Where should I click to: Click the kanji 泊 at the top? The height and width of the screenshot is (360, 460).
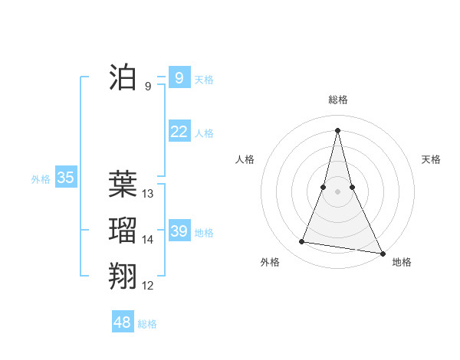coord(123,78)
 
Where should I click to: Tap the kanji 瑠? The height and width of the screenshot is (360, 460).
coord(123,231)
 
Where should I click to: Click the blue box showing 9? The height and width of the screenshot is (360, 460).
coord(179,77)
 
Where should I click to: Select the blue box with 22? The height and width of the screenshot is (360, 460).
coord(179,132)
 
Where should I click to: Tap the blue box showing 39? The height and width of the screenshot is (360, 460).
coord(179,231)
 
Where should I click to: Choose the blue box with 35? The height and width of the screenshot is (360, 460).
coord(65,178)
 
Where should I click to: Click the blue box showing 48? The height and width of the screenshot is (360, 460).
coord(122,322)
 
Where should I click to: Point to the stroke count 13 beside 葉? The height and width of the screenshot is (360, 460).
coord(148,194)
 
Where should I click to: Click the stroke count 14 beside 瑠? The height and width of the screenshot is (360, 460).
coord(148,240)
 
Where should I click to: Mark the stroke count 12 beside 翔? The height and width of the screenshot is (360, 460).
coord(148,286)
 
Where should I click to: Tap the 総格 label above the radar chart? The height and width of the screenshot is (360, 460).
coord(338,100)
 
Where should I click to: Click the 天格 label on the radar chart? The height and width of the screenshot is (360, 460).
coord(431,159)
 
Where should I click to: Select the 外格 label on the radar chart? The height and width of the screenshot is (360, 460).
coord(270,262)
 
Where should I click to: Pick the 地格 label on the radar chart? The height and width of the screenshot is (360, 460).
coord(402,262)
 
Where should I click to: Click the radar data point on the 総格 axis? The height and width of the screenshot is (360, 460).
coord(337,129)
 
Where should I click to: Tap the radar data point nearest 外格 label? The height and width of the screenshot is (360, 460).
coord(302,242)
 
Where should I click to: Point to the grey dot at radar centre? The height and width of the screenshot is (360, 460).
coord(337,191)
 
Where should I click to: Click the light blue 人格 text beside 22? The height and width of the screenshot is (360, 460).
coord(204,133)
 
